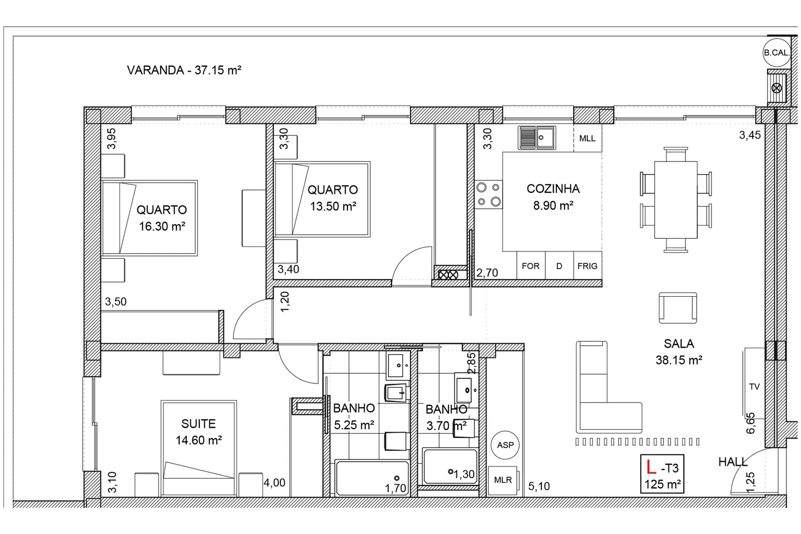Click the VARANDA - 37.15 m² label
pyautogui.click(x=184, y=70)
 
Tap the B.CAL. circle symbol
pyautogui.click(x=776, y=52)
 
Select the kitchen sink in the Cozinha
pyautogui.click(x=537, y=137)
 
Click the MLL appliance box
pyautogui.click(x=587, y=138)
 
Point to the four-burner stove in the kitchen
pyautogui.click(x=489, y=195)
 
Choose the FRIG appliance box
pyautogui.click(x=587, y=266)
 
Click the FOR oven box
pyautogui.click(x=531, y=266)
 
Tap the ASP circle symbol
pyautogui.click(x=505, y=445)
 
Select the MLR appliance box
pyautogui.click(x=503, y=480)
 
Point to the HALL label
pyautogui.click(x=733, y=462)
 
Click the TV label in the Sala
pyautogui.click(x=754, y=387)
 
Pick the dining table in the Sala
pyautogui.click(x=676, y=200)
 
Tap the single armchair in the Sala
pyautogui.click(x=678, y=308)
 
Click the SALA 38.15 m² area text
pyautogui.click(x=679, y=352)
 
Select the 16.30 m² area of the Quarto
pyautogui.click(x=162, y=226)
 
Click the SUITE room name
pyautogui.click(x=198, y=424)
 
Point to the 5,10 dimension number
pyautogui.click(x=539, y=486)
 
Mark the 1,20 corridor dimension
pyautogui.click(x=285, y=302)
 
